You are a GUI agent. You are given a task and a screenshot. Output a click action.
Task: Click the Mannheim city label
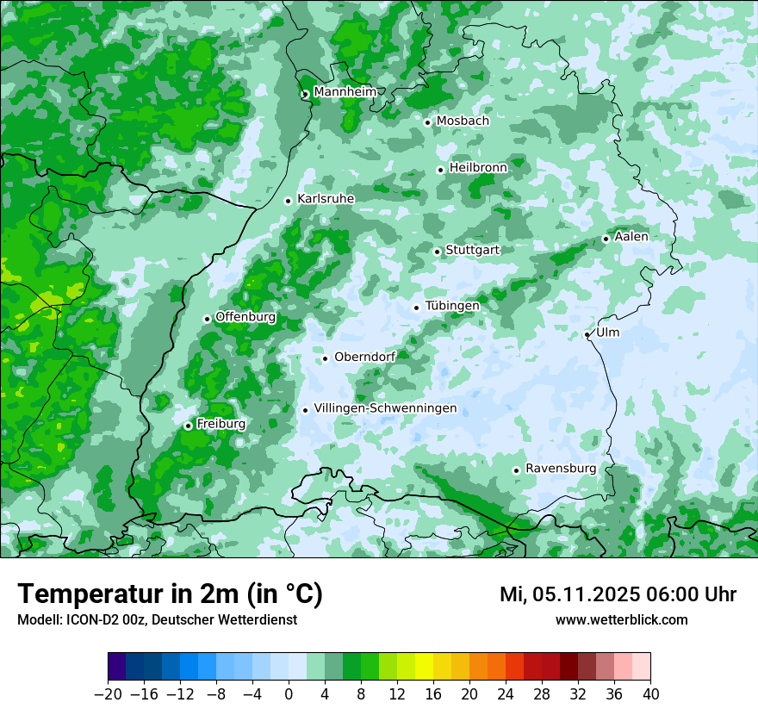[x=345, y=92]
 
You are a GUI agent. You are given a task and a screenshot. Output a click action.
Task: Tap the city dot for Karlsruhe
[x=289, y=201]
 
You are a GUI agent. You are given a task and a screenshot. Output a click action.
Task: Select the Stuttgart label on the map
[x=472, y=250]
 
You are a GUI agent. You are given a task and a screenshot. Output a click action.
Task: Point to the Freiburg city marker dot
[x=188, y=426]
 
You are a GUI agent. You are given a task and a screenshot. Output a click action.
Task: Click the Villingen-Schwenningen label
[x=385, y=408]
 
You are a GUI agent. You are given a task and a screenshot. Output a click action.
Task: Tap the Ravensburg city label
[x=561, y=469]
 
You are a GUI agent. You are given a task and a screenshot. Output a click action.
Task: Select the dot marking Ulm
[x=587, y=334]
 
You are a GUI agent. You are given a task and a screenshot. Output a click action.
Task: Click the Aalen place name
[x=631, y=237]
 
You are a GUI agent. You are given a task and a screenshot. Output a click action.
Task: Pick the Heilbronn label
[x=478, y=168]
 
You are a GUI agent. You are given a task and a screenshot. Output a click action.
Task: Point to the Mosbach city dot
[x=427, y=122]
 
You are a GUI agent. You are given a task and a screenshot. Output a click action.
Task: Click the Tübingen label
[x=452, y=306]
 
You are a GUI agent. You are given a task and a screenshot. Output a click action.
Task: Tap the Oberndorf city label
[x=364, y=357]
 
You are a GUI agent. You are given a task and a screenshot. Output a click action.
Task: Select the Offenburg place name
[x=245, y=317]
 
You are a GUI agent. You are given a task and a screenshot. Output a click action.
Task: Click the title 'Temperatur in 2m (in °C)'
[x=170, y=594]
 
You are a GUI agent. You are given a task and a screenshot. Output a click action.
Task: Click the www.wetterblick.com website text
[x=621, y=619]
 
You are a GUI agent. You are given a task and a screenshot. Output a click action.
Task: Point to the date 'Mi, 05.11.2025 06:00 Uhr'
[x=618, y=594]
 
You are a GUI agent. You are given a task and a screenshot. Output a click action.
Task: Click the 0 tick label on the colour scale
[x=289, y=694]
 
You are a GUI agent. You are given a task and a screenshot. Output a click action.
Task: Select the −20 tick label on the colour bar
[x=108, y=694]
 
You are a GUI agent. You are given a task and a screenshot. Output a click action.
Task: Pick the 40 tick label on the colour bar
[x=650, y=694]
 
